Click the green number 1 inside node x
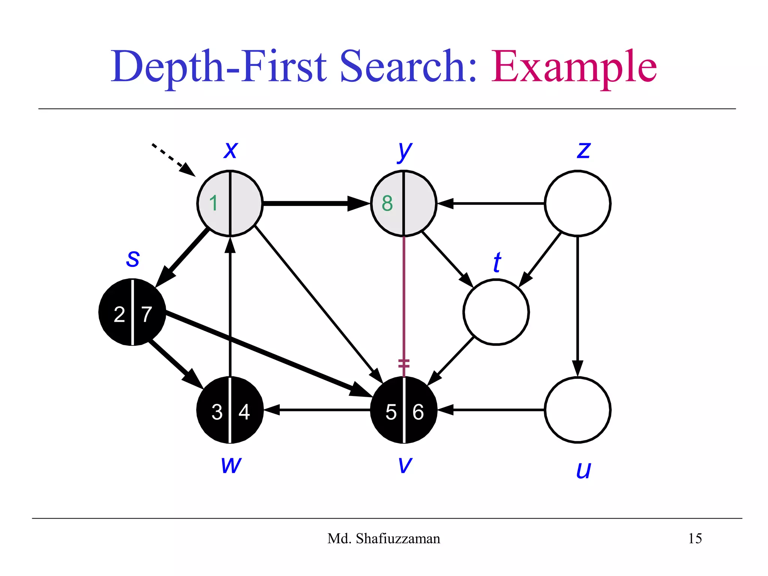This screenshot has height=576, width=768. click(213, 203)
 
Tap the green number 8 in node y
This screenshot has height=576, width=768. click(387, 203)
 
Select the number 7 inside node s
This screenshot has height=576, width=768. click(147, 314)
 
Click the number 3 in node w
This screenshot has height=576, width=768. click(217, 412)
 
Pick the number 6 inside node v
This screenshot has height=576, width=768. click(418, 412)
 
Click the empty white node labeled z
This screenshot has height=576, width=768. click(577, 203)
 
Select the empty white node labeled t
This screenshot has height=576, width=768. click(496, 312)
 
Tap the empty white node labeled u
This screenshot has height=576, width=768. click(577, 410)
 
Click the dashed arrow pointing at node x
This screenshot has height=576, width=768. click(173, 159)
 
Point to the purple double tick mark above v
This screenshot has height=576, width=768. click(404, 363)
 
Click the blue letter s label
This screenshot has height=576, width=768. click(133, 258)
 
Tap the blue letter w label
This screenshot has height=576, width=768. click(231, 465)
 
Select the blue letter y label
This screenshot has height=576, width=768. click(404, 151)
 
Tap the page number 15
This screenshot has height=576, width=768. click(694, 538)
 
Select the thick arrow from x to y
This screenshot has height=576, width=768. click(311, 203)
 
